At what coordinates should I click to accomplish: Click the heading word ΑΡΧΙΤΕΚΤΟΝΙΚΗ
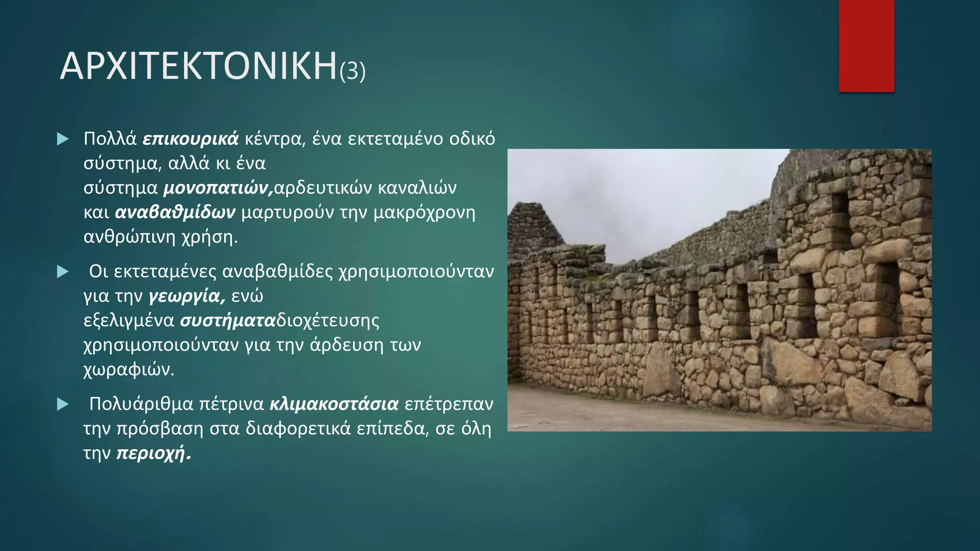[x=199, y=66]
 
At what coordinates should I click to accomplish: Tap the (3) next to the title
[x=353, y=71]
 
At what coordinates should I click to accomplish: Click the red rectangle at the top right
[x=866, y=46]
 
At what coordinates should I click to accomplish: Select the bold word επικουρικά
[x=190, y=139]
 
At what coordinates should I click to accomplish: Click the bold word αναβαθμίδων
[x=175, y=212]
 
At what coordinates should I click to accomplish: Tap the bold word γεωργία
[x=187, y=297]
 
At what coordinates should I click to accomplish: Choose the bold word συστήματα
[x=228, y=320]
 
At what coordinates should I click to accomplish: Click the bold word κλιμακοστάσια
[x=334, y=404]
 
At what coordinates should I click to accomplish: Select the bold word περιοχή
[x=154, y=453]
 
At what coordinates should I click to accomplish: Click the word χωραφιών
[x=129, y=370]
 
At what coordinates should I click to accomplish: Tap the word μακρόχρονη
[x=424, y=212]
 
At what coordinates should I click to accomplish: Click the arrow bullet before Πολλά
[x=63, y=139]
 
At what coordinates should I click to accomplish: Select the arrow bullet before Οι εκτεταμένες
[x=63, y=272]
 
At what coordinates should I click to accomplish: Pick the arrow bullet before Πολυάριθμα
[x=63, y=405]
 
